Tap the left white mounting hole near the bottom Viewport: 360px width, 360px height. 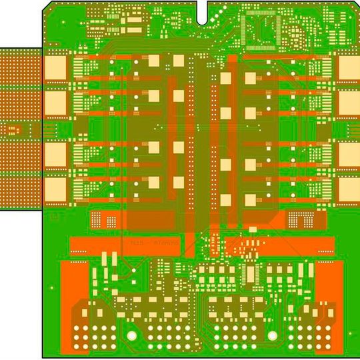coord(132,335)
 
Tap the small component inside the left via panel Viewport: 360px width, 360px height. coord(12,129)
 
